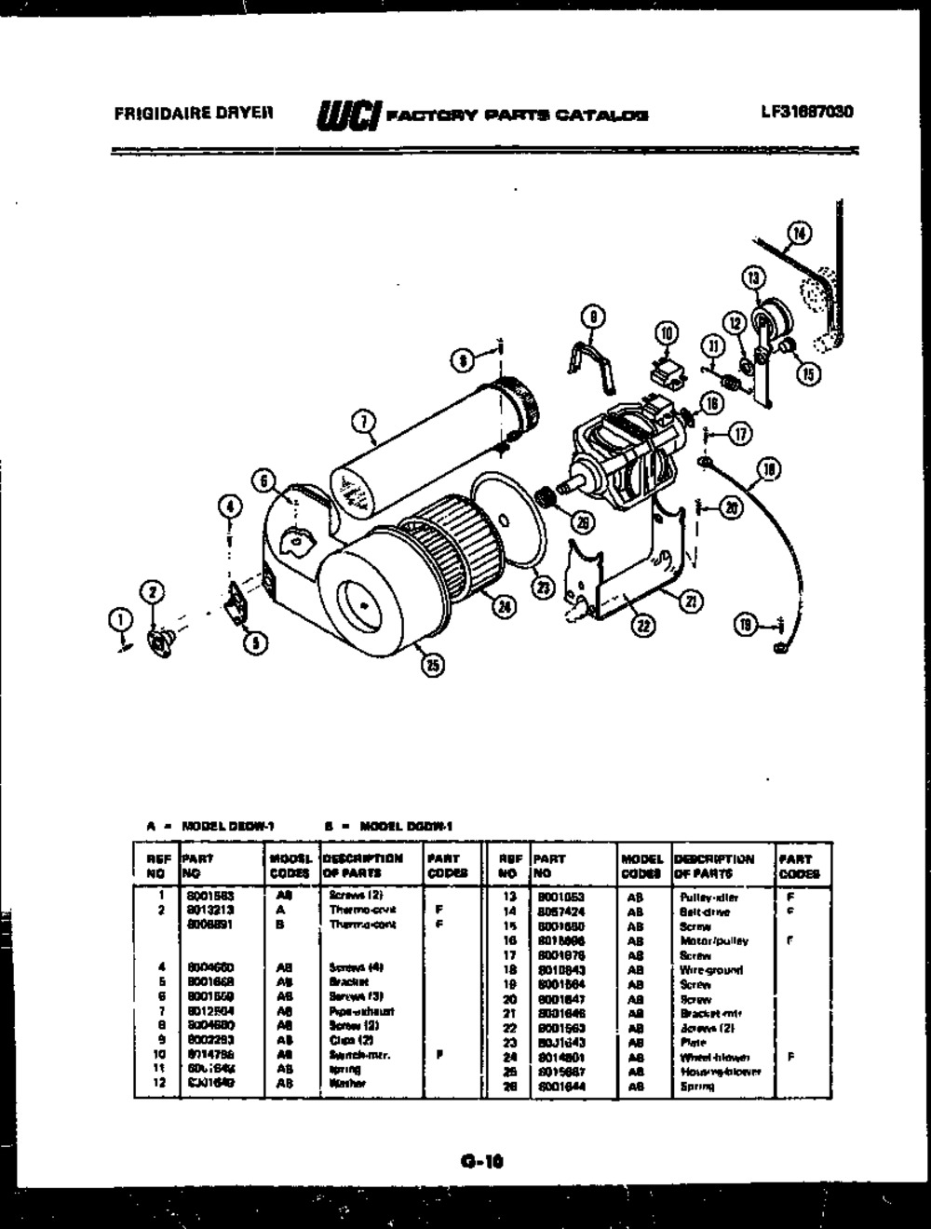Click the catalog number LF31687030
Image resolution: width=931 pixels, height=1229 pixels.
(806, 113)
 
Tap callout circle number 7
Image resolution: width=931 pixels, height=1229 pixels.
(363, 422)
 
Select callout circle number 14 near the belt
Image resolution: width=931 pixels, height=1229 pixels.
(799, 231)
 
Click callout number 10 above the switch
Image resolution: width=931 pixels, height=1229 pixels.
(666, 331)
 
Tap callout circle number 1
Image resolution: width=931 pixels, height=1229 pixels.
(119, 616)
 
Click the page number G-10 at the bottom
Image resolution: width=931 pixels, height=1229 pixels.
(481, 1160)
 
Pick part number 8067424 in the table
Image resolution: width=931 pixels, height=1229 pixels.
(561, 912)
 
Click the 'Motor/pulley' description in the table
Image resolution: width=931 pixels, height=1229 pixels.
(714, 941)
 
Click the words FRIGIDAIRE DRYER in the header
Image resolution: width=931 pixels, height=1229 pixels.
(194, 114)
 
